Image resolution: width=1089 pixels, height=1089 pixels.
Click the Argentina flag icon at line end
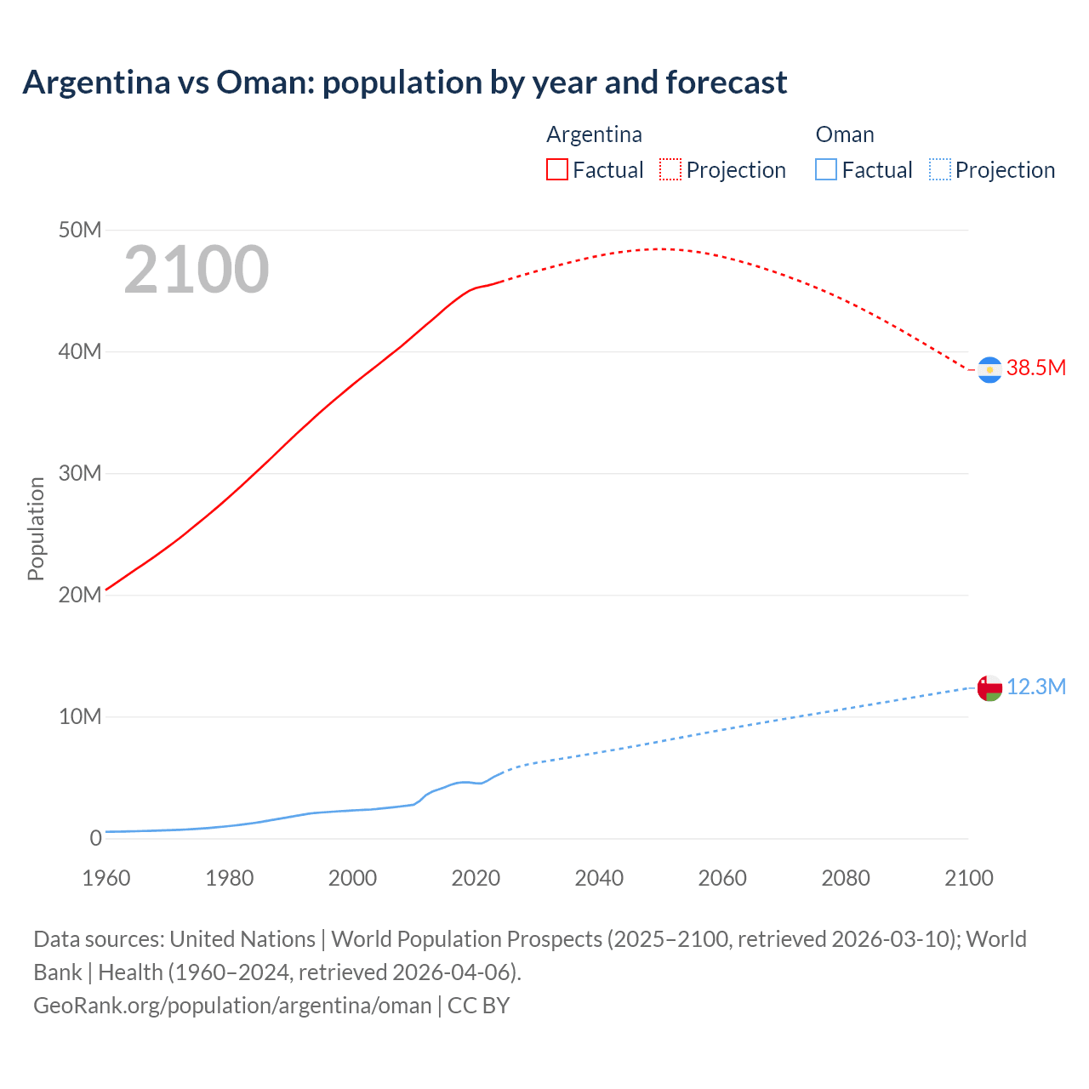989,370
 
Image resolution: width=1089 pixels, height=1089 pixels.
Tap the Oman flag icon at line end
989,687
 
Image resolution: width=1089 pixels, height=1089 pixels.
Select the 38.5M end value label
1035,368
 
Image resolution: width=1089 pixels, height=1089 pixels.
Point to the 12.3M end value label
1035,687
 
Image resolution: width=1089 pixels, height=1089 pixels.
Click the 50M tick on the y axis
80,230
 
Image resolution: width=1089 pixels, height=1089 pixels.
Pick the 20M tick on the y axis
80,595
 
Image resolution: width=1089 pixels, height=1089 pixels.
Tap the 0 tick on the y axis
95,838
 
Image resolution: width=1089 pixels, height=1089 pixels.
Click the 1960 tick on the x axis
106,878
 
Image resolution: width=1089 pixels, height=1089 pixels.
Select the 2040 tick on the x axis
599,878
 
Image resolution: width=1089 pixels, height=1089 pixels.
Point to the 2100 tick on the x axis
968,878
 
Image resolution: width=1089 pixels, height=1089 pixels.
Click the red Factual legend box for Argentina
557,170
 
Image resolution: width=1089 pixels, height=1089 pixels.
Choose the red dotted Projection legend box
670,170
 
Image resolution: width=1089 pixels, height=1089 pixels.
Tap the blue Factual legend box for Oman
826,170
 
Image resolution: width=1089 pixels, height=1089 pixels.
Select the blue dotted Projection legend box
940,170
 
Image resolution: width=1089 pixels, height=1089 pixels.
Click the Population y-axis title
36,528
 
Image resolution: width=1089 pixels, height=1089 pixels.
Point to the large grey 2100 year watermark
197,270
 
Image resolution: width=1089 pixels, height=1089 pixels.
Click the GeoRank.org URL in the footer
232,1005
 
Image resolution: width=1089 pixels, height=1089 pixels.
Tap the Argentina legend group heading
594,134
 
